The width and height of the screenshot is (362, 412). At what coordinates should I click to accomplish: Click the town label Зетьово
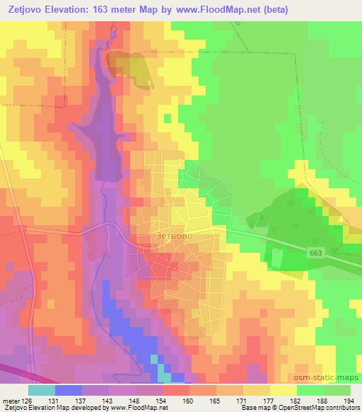[175, 236]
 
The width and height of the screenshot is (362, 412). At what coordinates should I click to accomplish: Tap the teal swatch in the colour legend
[41, 390]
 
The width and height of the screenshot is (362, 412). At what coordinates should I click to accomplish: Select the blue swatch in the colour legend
[68, 390]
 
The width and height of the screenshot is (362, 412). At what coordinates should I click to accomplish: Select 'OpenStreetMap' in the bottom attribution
[307, 408]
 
